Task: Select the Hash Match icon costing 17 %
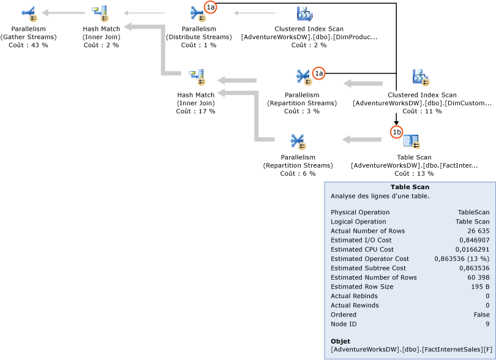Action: click(x=196, y=78)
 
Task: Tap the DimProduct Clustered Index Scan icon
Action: click(x=304, y=13)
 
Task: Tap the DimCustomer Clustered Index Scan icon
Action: click(x=421, y=77)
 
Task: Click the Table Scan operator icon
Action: click(x=412, y=142)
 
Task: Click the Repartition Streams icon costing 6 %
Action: click(x=298, y=142)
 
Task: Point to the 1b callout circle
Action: click(x=397, y=132)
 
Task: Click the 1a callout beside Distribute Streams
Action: click(x=211, y=7)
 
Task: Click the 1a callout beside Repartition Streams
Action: click(x=318, y=73)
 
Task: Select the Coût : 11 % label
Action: click(x=422, y=111)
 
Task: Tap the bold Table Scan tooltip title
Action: click(x=410, y=187)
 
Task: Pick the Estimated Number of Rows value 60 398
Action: click(x=476, y=277)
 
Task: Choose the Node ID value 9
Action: click(x=487, y=324)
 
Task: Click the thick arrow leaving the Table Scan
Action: click(x=361, y=140)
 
